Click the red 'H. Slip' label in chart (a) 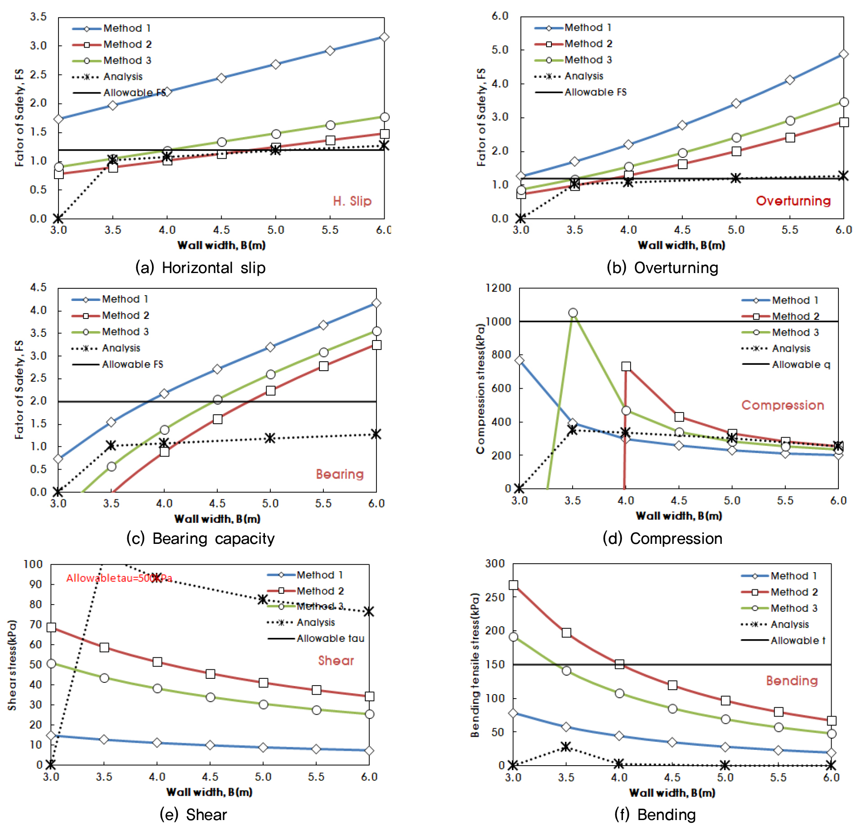[352, 201]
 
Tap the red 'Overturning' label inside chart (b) [793, 201]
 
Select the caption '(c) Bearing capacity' [200, 538]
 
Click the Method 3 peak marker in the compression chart [573, 313]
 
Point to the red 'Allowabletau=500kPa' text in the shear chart [119, 578]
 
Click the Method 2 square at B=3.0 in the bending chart [513, 585]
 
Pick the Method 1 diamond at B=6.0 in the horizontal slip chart [384, 37]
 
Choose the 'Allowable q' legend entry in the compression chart [801, 364]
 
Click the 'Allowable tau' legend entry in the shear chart [330, 638]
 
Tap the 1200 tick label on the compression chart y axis [498, 288]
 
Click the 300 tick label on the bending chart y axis [495, 564]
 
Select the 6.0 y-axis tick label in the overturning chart [500, 16]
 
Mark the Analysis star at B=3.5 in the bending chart [566, 747]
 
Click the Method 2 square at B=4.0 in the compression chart [626, 367]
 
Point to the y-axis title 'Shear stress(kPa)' [12, 665]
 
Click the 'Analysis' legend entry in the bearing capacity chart [121, 348]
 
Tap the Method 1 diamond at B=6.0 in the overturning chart [843, 54]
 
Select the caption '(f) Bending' [655, 815]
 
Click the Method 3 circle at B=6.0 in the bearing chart [376, 332]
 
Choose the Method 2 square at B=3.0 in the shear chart [51, 628]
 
